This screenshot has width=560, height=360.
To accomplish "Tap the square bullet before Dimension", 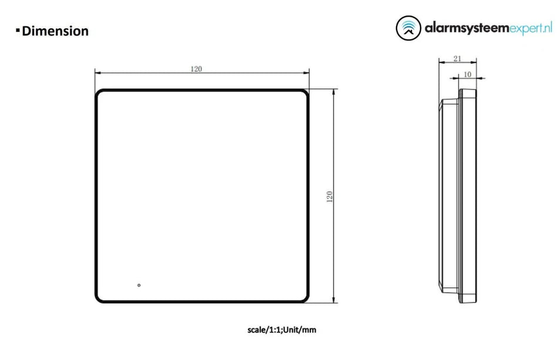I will [18, 29].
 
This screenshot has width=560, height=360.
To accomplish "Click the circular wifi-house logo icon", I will [408, 28].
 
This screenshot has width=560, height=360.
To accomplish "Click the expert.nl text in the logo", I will [531, 28].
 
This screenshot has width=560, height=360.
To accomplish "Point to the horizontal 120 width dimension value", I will [196, 69].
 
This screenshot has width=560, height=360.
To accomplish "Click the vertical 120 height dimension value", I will [330, 197].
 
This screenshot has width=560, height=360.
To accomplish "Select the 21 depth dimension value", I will [457, 58].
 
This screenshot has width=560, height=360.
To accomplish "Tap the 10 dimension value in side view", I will [468, 74].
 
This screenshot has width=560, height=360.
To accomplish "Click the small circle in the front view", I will [139, 285].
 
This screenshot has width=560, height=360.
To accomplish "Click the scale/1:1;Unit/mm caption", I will [281, 330].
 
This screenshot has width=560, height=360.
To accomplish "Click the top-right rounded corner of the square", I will [306, 93].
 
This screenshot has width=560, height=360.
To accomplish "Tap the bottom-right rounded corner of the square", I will [306, 300].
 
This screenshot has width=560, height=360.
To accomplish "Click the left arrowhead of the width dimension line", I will [98, 73].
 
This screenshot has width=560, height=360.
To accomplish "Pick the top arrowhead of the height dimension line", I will [335, 92].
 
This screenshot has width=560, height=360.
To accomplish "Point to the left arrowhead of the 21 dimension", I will [441, 62].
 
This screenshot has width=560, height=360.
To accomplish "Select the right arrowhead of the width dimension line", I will [307, 73].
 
